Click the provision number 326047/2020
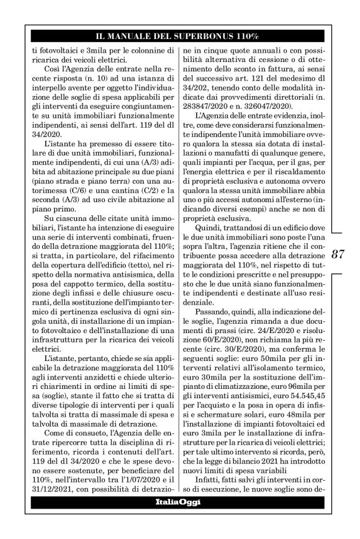268,107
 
